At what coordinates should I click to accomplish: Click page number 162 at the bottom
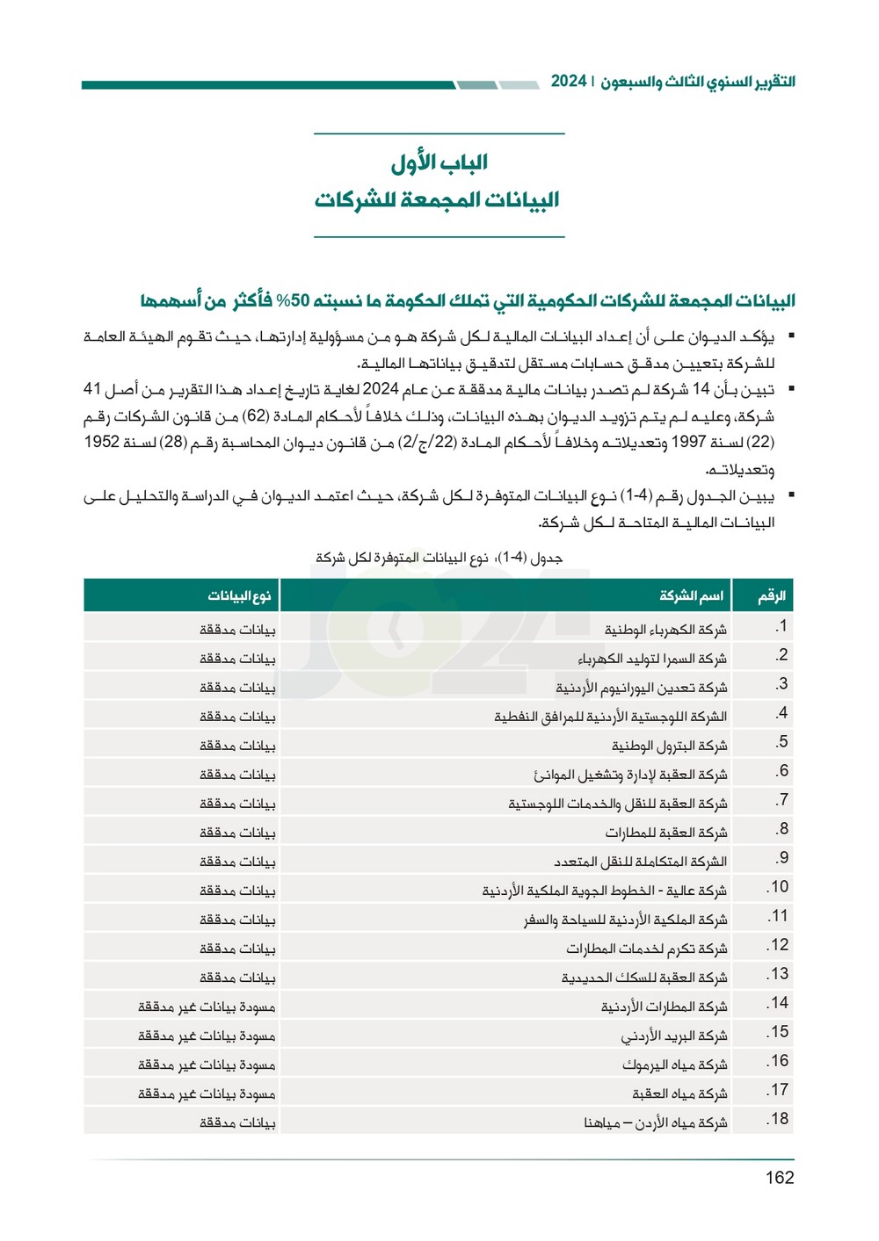[x=779, y=1178]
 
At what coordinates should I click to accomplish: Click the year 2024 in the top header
[x=569, y=81]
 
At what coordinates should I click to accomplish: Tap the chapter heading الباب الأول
[x=439, y=162]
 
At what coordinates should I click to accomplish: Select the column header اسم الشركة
[x=692, y=596]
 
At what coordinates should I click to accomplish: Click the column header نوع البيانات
[x=239, y=596]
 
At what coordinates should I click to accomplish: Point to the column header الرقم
[x=771, y=596]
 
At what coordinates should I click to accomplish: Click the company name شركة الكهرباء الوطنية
[x=665, y=630]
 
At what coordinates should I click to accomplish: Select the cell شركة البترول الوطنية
[x=669, y=746]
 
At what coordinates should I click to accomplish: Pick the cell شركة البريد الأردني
[x=673, y=1035]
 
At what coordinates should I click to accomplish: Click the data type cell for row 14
[x=207, y=1007]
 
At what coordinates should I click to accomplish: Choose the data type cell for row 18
[x=237, y=1122]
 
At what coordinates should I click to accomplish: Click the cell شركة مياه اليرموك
[x=674, y=1064]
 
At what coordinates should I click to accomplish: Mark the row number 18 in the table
[x=778, y=1119]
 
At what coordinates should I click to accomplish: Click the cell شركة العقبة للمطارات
[x=665, y=833]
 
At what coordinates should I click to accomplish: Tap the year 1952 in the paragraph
[x=101, y=442]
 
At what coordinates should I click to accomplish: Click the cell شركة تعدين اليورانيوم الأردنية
[x=641, y=688]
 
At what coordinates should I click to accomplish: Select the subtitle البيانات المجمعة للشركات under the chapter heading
[x=437, y=200]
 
